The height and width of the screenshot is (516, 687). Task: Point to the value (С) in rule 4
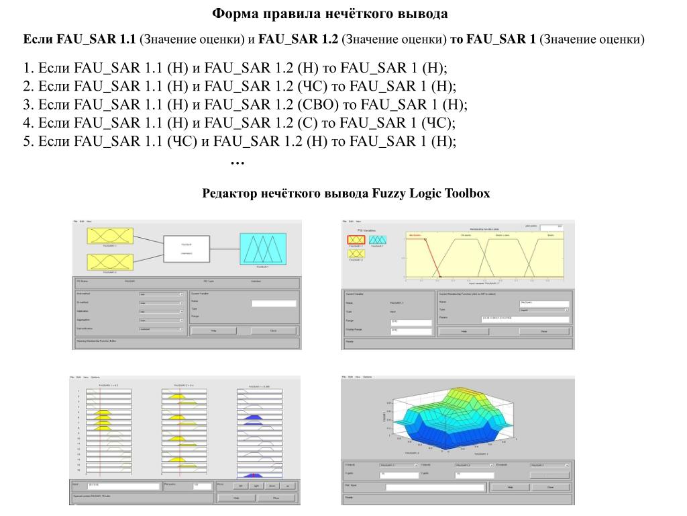pos(308,123)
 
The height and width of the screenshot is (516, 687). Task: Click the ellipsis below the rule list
pos(237,162)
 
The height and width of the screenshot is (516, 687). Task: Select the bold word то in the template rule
pos(456,40)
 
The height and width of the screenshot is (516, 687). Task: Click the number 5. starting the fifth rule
pos(28,141)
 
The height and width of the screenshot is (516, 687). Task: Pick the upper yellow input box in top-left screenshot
pos(110,237)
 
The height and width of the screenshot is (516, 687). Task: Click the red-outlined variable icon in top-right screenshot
pos(356,240)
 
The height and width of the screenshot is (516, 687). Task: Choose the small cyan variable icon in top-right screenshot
pos(378,240)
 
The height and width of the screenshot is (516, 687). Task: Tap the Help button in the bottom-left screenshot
pos(236,498)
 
